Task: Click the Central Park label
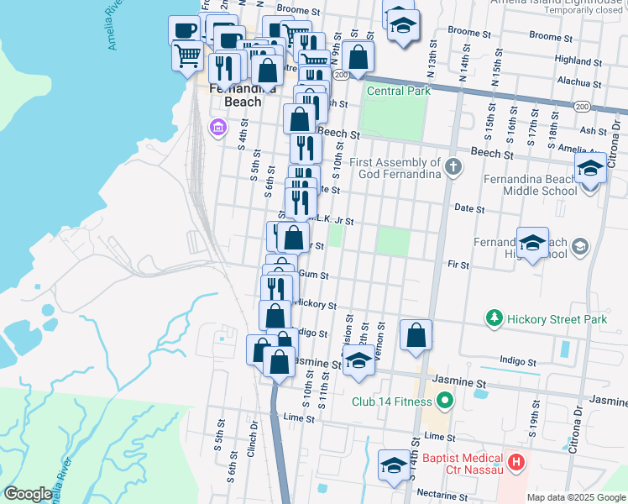(x=399, y=91)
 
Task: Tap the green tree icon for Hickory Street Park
(x=495, y=318)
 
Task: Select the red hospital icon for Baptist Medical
(x=516, y=461)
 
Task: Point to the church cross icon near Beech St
(x=453, y=165)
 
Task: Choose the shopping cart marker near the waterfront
(x=187, y=56)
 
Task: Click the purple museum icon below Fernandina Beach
(x=217, y=128)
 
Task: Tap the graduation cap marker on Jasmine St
(x=358, y=361)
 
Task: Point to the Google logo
(x=28, y=494)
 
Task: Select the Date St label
(x=469, y=207)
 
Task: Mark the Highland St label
(x=574, y=60)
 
